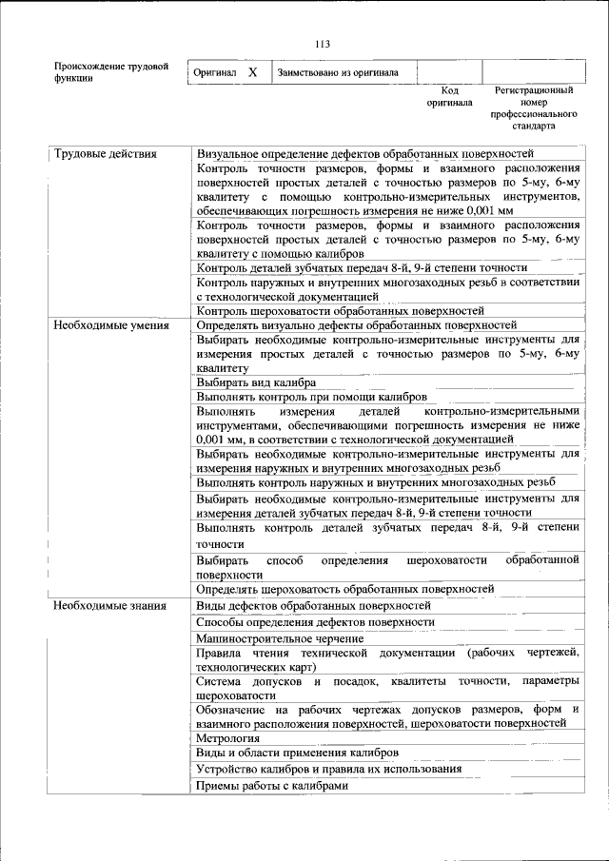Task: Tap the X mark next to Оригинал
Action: pos(253,72)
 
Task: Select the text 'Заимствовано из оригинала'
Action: pos(338,72)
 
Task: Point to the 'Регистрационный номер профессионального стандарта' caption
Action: pos(533,108)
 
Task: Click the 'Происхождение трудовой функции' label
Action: pos(110,72)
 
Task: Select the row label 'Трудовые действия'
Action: pos(105,154)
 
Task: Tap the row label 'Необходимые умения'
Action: pos(110,325)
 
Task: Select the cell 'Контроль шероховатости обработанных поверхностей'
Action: pos(341,311)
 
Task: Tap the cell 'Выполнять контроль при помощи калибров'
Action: pos(311,397)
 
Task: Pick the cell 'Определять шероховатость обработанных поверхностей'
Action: pos(345,590)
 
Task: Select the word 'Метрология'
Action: pos(228,738)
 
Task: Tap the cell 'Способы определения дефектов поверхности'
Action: pos(315,621)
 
